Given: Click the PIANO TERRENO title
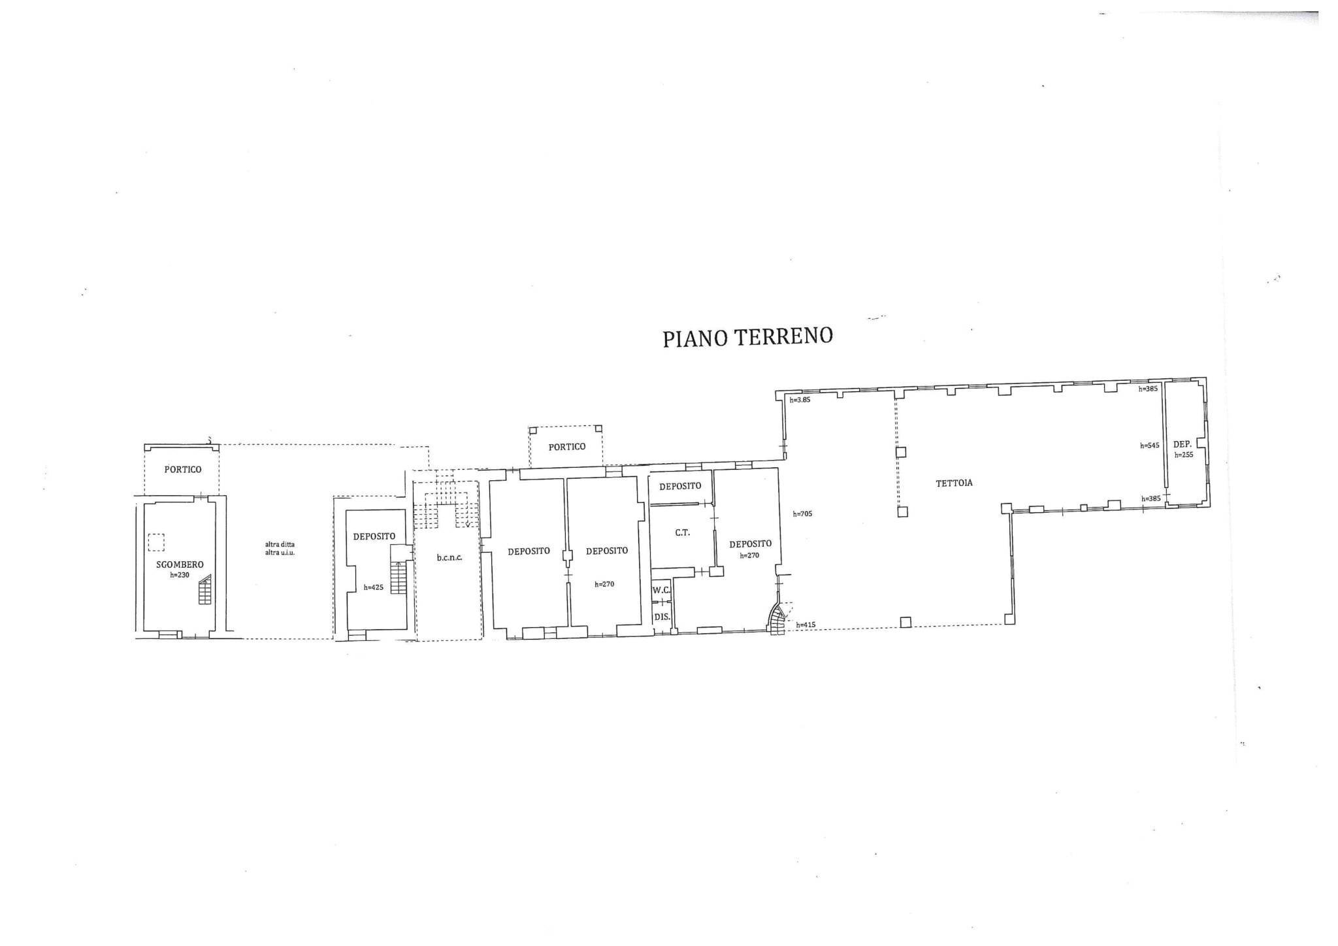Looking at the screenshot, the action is [x=748, y=338].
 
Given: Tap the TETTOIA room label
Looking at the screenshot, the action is [x=955, y=483].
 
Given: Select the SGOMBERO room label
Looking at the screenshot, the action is [x=180, y=564].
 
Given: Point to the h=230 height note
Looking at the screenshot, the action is [x=180, y=575].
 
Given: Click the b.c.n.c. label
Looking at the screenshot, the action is [x=449, y=557].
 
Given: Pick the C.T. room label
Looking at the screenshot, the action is [x=682, y=532].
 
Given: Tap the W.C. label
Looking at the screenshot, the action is [x=662, y=590].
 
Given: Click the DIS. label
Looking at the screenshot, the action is [x=662, y=616].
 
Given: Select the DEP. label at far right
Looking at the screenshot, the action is [x=1183, y=444].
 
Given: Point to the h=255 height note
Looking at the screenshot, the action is [x=1184, y=455].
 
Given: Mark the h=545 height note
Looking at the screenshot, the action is [x=1149, y=446].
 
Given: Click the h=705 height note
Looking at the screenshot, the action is [x=802, y=514].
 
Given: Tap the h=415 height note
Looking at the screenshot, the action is [x=806, y=625].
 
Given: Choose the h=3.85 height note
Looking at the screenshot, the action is [x=800, y=400].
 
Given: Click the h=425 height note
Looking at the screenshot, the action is [x=374, y=587].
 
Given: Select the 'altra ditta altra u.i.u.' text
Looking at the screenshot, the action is [x=280, y=547].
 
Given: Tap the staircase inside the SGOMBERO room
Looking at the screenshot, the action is [x=206, y=589].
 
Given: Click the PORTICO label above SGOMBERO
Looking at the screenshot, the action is [x=183, y=469].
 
